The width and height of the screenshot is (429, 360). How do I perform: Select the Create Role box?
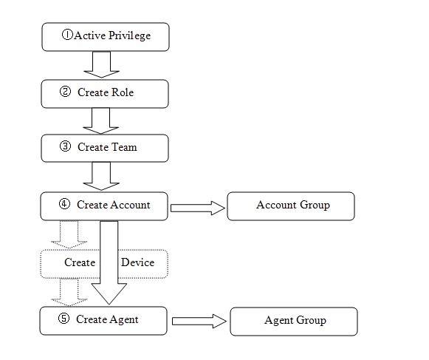tap(105, 93)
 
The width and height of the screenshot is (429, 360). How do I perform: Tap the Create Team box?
tap(105, 147)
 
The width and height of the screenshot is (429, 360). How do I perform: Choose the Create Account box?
tap(105, 205)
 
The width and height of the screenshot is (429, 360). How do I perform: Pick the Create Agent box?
tap(105, 320)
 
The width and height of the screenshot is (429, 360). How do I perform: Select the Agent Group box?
tap(294, 321)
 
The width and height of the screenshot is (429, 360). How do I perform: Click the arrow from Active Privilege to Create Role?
tap(101, 65)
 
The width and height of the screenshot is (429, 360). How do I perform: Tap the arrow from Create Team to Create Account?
tap(101, 175)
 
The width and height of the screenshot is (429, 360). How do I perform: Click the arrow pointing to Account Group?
tap(196, 208)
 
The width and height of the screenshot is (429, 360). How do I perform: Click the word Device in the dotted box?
tap(137, 262)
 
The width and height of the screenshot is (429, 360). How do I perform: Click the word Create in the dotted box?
tap(80, 262)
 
